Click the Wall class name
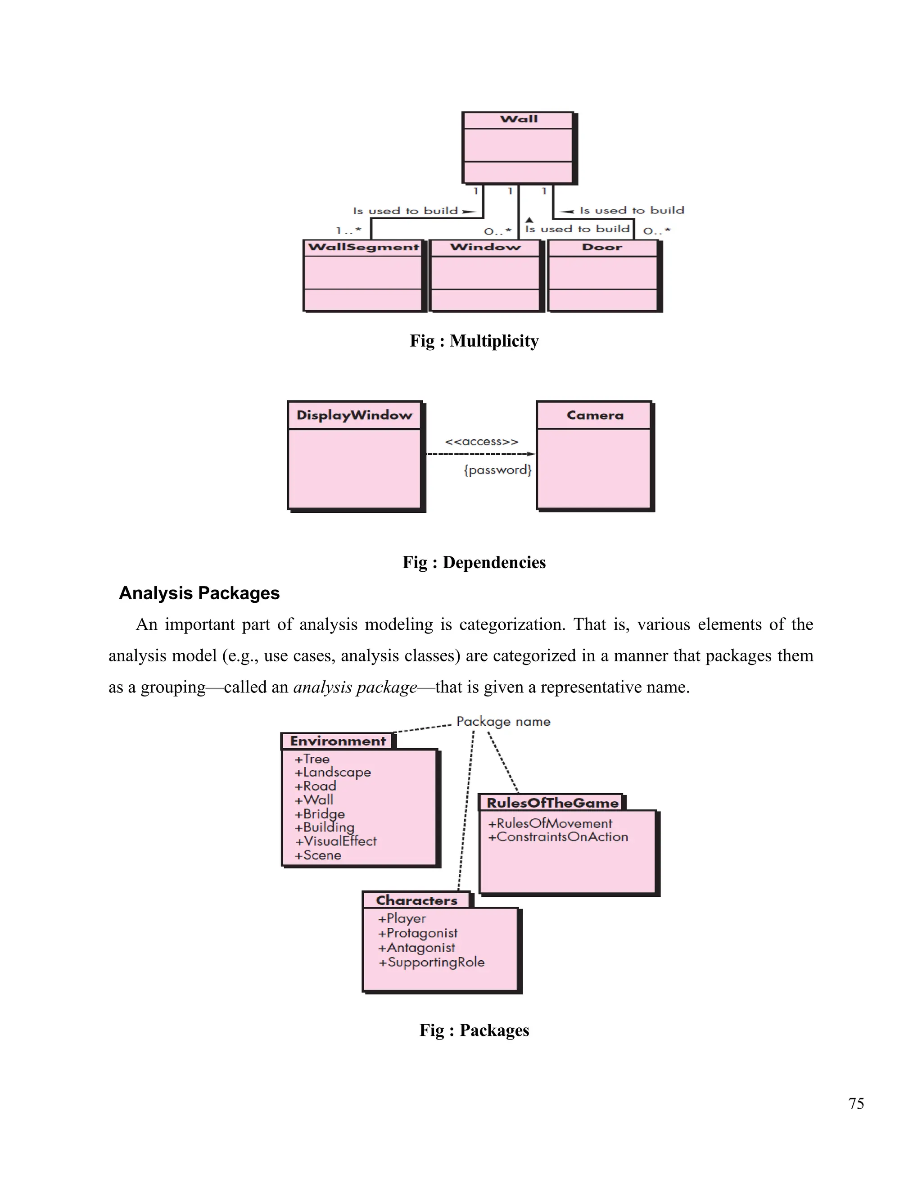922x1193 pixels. (518, 119)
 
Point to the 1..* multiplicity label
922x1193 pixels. (348, 230)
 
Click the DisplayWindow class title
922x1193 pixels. (354, 415)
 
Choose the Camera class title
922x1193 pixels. (595, 415)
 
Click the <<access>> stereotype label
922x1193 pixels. (481, 441)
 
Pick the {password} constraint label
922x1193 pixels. (497, 470)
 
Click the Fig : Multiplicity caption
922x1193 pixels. (474, 341)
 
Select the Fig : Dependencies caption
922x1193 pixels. (474, 562)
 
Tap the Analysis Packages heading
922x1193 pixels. (199, 593)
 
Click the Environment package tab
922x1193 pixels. (338, 741)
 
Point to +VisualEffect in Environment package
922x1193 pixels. (335, 841)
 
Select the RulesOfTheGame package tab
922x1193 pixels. (552, 803)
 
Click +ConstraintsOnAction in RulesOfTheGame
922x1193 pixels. (558, 837)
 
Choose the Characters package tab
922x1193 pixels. (416, 900)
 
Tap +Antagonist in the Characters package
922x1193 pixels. (416, 948)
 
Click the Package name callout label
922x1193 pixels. (503, 722)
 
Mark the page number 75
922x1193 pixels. (856, 1104)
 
